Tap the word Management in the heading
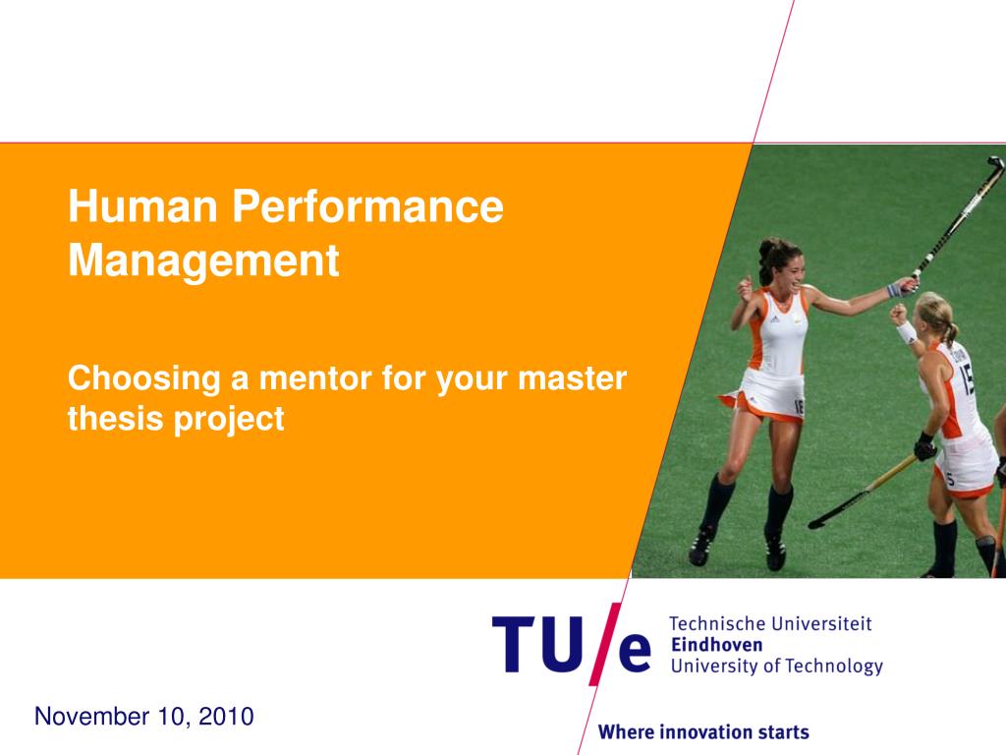tap(203, 261)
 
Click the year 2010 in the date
tap(226, 717)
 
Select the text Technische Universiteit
tap(770, 623)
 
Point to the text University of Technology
tap(776, 667)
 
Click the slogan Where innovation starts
tap(703, 731)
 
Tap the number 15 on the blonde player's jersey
tap(967, 377)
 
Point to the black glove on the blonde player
tap(924, 447)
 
